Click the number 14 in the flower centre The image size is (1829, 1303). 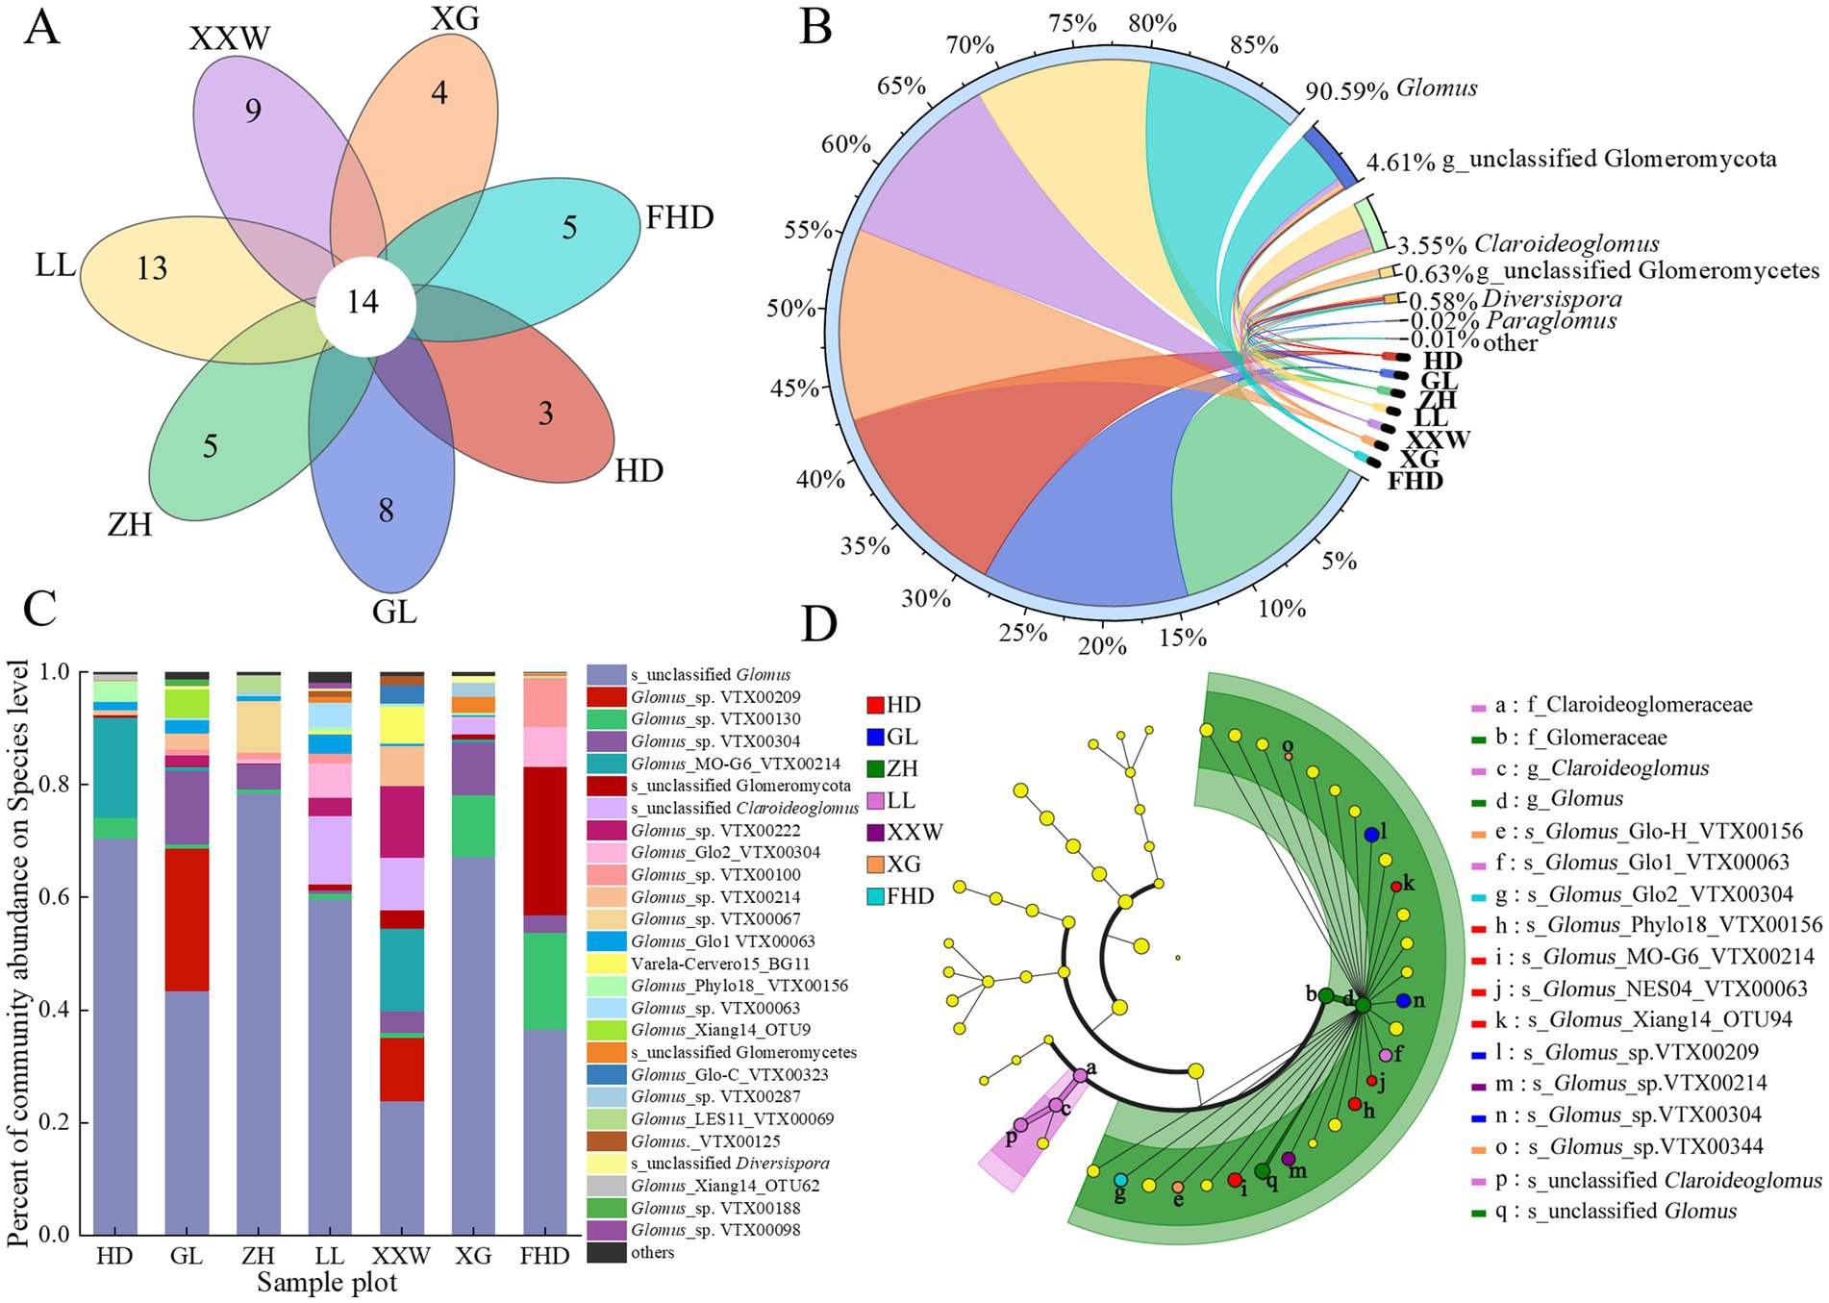[363, 303]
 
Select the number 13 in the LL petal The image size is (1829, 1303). [152, 268]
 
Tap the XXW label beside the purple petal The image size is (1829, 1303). [230, 38]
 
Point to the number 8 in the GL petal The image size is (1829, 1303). [386, 510]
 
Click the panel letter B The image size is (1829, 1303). [816, 28]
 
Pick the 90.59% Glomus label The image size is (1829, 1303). [1391, 89]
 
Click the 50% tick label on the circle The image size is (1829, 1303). [790, 309]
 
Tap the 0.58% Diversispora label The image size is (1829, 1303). [1516, 299]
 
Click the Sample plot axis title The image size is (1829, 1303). [327, 1283]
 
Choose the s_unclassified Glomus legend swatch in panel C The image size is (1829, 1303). [606, 675]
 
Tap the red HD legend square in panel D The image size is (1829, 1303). [874, 705]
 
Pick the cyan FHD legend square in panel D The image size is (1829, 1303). [874, 896]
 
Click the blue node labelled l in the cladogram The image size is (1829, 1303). [1371, 835]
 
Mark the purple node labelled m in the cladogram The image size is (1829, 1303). [1289, 1159]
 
